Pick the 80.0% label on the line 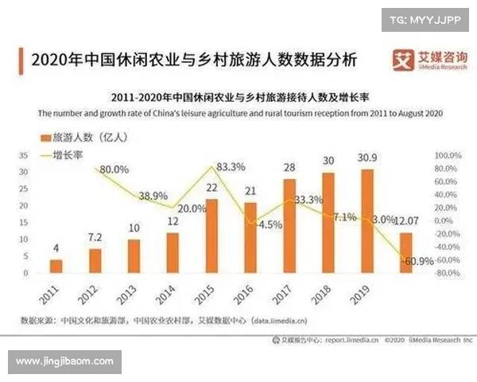pos(114,169)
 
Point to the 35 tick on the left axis pos(23,154)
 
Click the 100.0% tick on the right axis pos(447,154)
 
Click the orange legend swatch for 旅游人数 pos(42,136)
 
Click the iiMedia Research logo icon pos(405,60)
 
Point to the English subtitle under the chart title pos(238,113)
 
